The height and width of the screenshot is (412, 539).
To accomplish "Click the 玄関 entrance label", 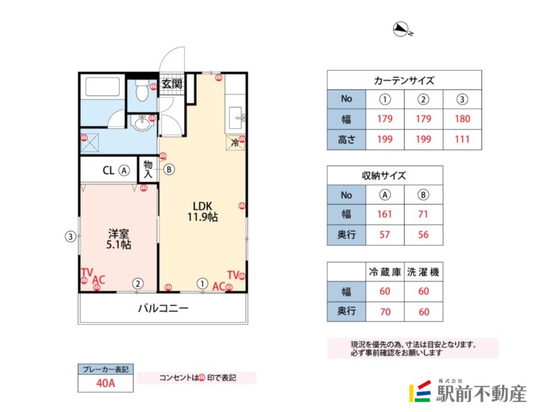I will click(x=172, y=84).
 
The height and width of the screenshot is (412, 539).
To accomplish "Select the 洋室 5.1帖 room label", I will click(x=119, y=239).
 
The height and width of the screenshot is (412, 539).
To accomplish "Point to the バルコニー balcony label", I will click(x=163, y=310).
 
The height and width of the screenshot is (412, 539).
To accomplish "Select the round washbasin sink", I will click(x=142, y=124).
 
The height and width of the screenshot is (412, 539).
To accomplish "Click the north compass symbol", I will click(x=402, y=29).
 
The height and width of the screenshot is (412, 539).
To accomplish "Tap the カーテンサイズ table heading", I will click(x=404, y=80).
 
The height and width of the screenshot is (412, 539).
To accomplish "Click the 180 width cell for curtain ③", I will click(x=462, y=119).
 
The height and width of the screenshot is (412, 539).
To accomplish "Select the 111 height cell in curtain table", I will click(x=462, y=140).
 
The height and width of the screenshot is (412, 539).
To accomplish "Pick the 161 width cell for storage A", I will click(x=385, y=214).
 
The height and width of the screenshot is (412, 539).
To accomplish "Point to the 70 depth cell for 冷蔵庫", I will click(x=385, y=312).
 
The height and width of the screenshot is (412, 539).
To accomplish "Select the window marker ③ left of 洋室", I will click(x=69, y=236).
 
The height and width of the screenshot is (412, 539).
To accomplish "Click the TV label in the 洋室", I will click(x=86, y=273).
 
